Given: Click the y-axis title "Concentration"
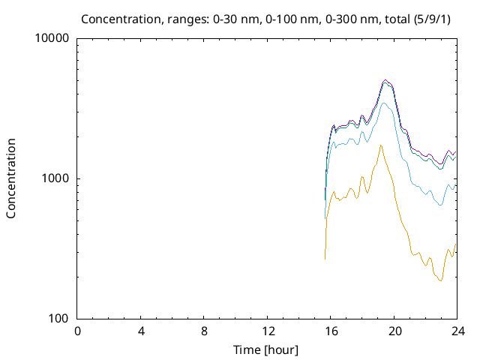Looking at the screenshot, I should pos(11,178).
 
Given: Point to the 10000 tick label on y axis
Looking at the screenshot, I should pos(53,38).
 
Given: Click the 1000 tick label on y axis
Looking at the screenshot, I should pos(56,178).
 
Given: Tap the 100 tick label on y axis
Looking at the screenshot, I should pos(59,319).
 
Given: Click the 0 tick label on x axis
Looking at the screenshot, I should pos(77,331).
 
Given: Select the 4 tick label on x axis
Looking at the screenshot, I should pos(141,331).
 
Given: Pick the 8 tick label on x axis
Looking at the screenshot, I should pos(204,331).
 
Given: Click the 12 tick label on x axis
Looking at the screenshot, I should pos(268,331).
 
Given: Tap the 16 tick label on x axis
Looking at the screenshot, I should pos(331,331).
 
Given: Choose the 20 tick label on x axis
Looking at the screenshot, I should pos(394,331).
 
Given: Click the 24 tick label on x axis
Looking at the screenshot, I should pos(457,331).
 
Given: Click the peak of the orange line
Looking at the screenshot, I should pos(381,145).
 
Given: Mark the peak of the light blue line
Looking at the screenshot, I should pos(385,103).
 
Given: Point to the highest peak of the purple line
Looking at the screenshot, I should pos(385,79).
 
